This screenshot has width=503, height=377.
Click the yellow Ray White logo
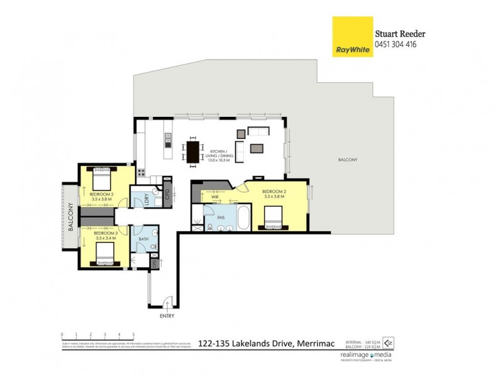pyautogui.click(x=352, y=37)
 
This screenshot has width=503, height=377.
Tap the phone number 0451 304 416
pyautogui.click(x=396, y=45)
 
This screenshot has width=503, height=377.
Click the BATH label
pyautogui.click(x=145, y=239)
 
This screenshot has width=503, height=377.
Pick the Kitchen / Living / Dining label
pyautogui.click(x=219, y=155)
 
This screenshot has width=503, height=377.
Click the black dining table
pyautogui.click(x=192, y=151)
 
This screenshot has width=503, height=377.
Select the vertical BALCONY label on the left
pyautogui.click(x=70, y=217)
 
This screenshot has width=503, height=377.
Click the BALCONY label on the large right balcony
pyautogui.click(x=347, y=160)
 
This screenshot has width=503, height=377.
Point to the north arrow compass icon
pyautogui.click(x=389, y=343)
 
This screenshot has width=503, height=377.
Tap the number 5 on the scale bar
pyautogui.click(x=133, y=334)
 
